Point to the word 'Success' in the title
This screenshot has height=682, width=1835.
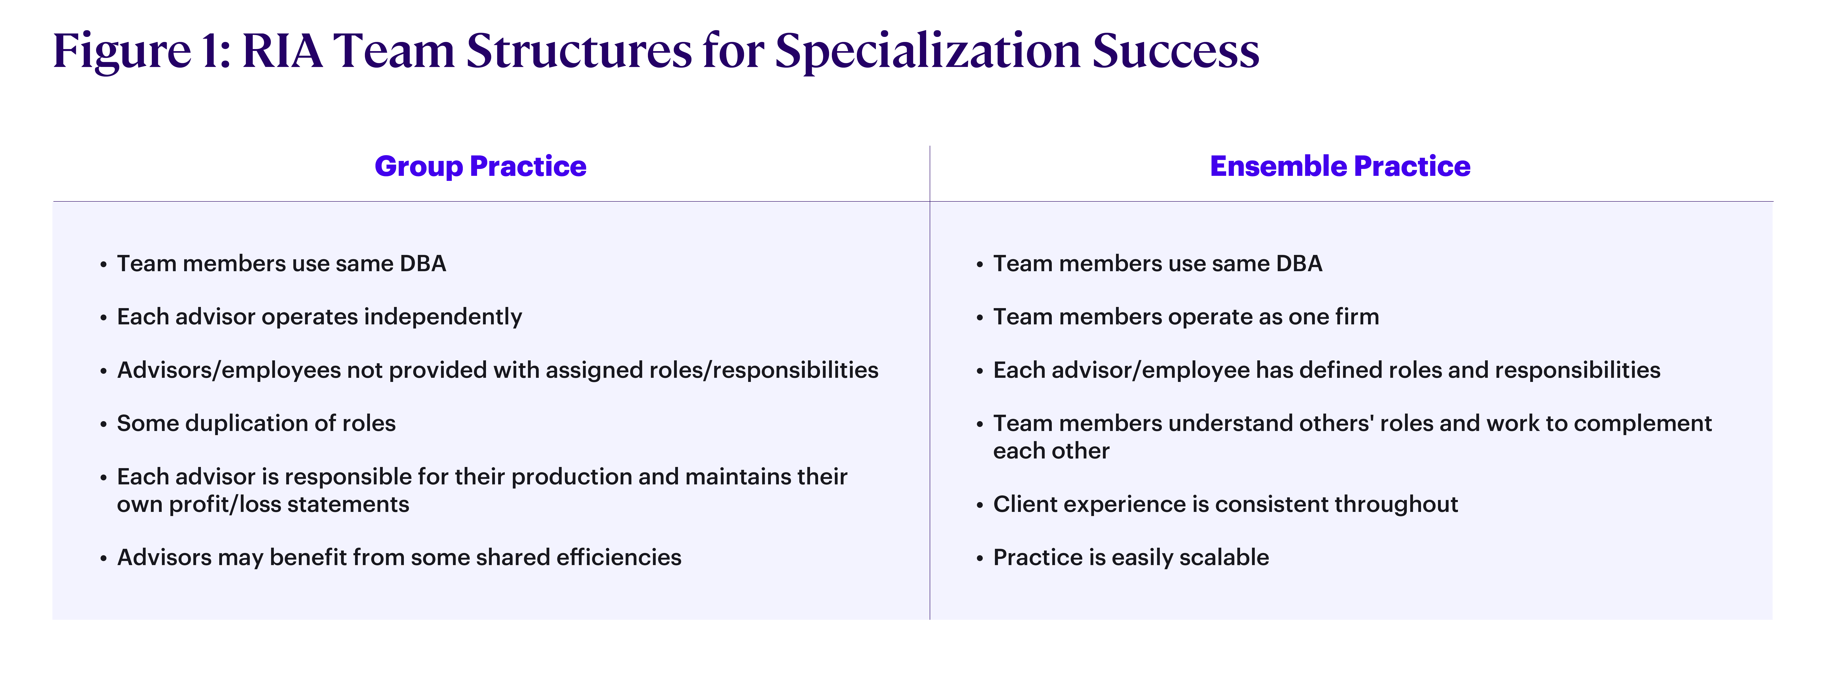click(x=1176, y=51)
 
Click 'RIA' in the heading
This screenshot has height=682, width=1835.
click(x=283, y=51)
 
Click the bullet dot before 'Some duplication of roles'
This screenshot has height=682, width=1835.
click(x=103, y=425)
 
